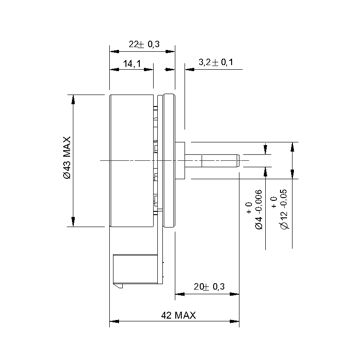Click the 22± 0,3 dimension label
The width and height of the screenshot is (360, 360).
pyautogui.click(x=144, y=44)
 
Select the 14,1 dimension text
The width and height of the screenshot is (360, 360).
pyautogui.click(x=132, y=63)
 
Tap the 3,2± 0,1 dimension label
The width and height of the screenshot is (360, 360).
pyautogui.click(x=216, y=62)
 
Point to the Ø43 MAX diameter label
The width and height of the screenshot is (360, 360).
pyautogui.click(x=67, y=157)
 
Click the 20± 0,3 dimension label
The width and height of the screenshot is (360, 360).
pyautogui.click(x=209, y=286)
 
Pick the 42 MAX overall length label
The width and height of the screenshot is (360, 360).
pyautogui.click(x=178, y=315)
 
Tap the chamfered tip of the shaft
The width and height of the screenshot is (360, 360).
pyautogui.click(x=238, y=160)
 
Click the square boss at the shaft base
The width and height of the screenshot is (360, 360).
pyautogui.click(x=180, y=160)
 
